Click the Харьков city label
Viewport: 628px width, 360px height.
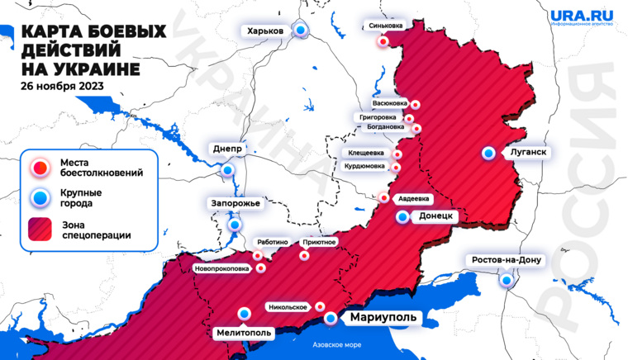265,31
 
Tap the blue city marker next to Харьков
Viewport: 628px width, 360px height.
301,31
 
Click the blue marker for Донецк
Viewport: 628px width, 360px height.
402,217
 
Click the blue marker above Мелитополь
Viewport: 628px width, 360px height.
245,313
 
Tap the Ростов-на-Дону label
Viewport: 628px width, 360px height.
506,260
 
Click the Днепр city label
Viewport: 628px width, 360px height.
227,149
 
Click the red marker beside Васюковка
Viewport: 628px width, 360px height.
415,105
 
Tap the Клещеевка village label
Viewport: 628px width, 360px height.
367,153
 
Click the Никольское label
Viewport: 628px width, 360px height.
288,307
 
